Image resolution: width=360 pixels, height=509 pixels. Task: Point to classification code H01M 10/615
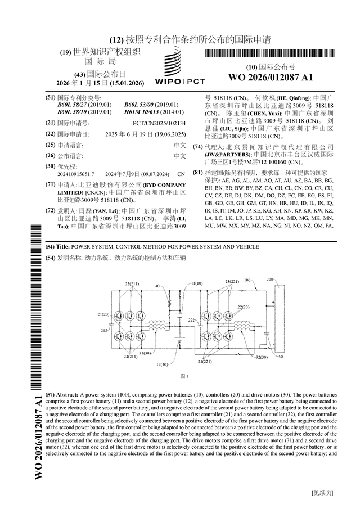tap(143, 112)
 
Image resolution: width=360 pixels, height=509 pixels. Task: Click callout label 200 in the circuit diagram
tap(269, 279)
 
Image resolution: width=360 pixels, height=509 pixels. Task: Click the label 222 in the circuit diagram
tap(192, 320)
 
